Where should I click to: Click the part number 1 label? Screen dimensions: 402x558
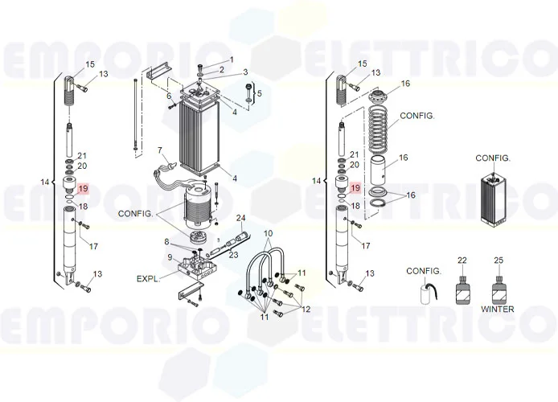(x=232, y=59)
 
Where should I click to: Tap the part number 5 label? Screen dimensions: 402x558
(x=259, y=94)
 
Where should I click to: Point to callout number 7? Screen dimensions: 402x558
(x=160, y=150)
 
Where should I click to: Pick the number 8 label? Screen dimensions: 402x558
(x=167, y=242)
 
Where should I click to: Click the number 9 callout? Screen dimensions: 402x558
(x=170, y=257)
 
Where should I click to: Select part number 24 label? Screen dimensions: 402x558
(x=240, y=219)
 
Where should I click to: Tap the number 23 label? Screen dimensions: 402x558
(x=233, y=255)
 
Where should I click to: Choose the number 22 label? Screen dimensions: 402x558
(x=462, y=260)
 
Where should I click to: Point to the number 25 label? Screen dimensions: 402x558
(x=499, y=260)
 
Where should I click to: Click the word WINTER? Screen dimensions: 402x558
(x=498, y=309)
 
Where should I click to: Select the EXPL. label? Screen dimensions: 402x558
(x=149, y=278)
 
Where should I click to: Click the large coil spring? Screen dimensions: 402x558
(x=382, y=125)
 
